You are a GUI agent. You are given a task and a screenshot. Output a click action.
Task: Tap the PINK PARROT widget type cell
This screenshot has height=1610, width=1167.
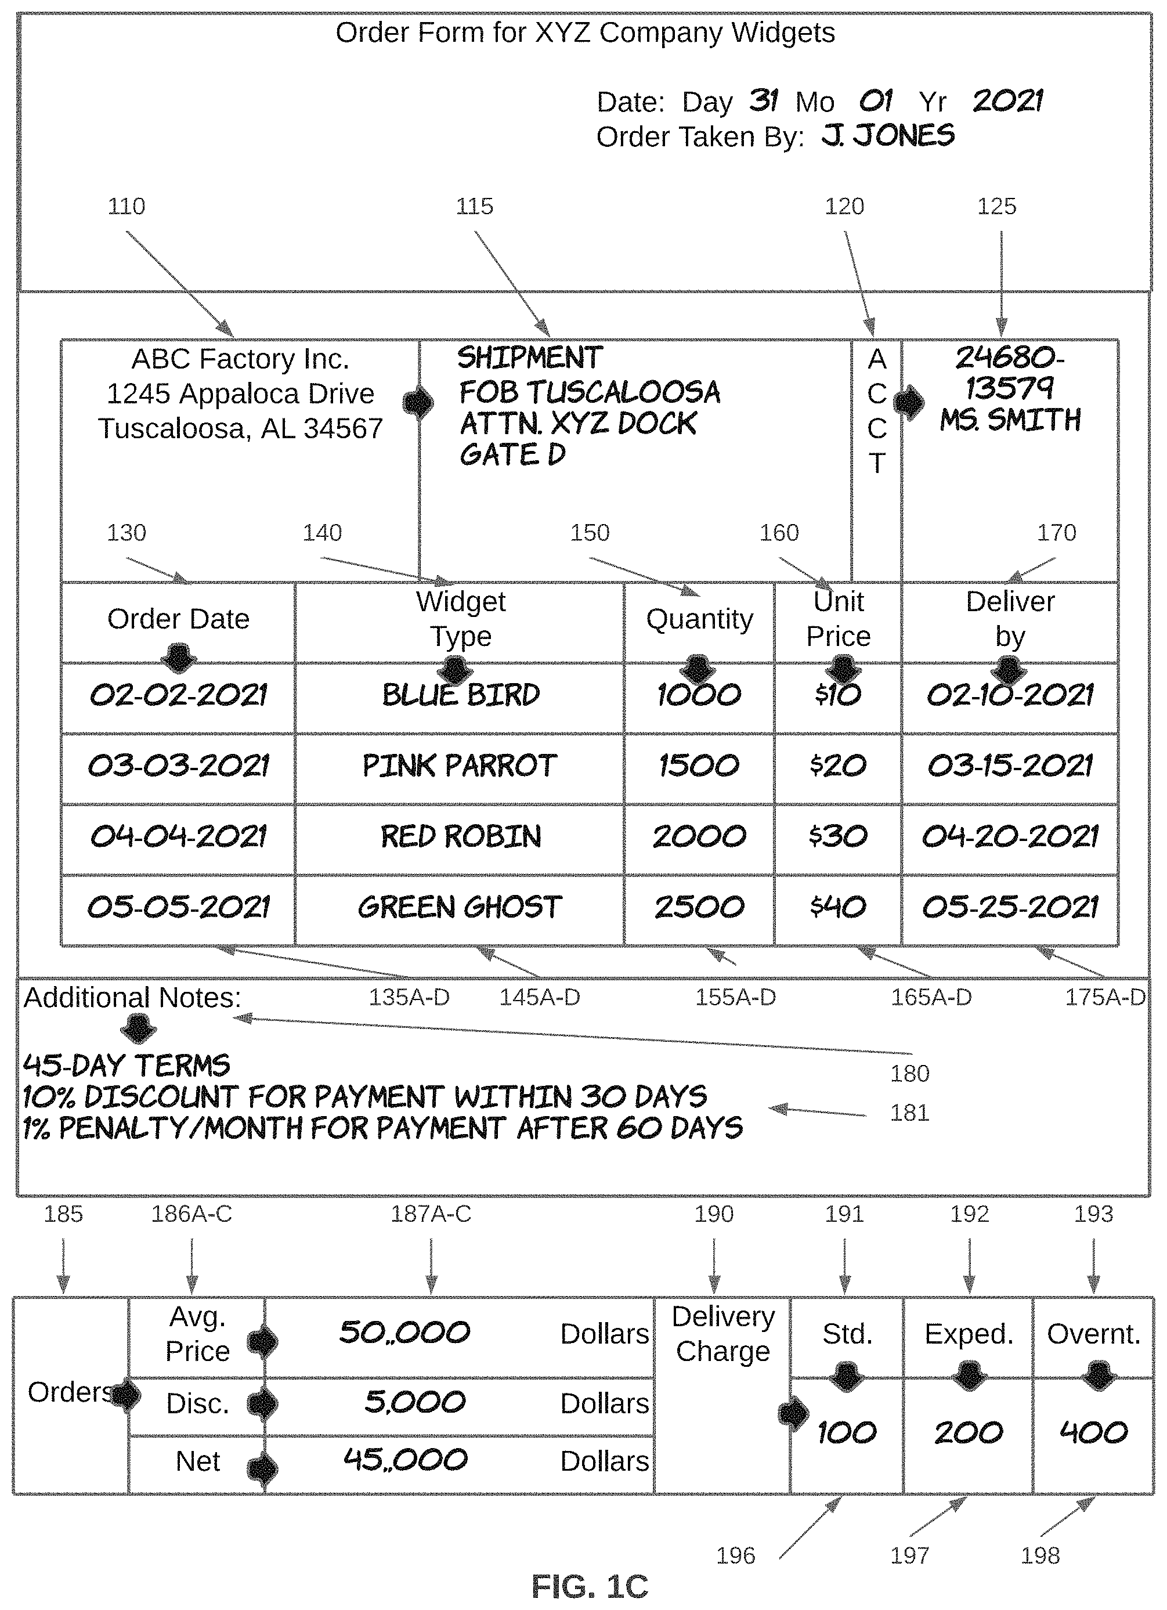click(x=459, y=766)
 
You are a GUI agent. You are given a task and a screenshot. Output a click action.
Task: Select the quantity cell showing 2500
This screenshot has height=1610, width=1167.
click(x=699, y=907)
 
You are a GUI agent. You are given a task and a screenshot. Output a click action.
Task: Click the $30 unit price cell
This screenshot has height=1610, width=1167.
click(x=837, y=836)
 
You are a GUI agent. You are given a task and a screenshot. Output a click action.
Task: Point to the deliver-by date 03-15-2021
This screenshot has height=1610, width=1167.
click(x=1009, y=766)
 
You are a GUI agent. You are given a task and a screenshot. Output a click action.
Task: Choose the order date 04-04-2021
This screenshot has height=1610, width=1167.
click(x=178, y=836)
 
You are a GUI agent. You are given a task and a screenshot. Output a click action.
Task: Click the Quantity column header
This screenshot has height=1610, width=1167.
click(x=699, y=619)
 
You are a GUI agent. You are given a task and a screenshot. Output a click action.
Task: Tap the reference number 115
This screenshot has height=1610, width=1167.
click(x=474, y=207)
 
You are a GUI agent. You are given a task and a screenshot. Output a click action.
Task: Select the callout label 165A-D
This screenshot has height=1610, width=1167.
click(x=931, y=997)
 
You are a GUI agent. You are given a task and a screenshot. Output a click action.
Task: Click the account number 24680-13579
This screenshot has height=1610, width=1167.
click(x=1009, y=373)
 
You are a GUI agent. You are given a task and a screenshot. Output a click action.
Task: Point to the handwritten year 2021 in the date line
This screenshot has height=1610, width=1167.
click(x=1007, y=101)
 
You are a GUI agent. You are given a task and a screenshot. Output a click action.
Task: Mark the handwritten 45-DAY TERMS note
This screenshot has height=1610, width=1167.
click(x=127, y=1066)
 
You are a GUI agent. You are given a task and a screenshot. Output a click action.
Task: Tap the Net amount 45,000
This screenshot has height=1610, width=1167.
click(x=405, y=1460)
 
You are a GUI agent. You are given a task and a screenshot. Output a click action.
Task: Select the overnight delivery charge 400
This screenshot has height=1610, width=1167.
click(x=1093, y=1432)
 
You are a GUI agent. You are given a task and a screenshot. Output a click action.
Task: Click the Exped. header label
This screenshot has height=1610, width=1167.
click(x=968, y=1334)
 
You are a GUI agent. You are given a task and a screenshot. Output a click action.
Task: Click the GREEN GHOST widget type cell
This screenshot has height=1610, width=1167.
click(x=459, y=907)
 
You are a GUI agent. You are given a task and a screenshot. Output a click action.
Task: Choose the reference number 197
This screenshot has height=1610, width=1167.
click(x=909, y=1555)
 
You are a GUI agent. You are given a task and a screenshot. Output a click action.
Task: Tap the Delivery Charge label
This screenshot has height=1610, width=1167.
click(x=722, y=1334)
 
